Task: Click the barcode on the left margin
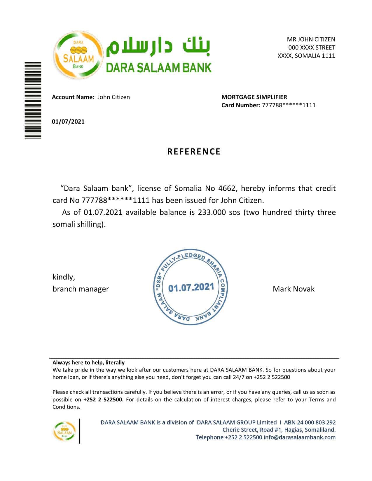coord(33,100)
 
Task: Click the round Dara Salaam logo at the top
coord(78,55)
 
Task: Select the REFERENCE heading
coord(194,152)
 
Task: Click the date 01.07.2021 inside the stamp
coord(191,288)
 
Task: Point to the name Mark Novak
coord(294,289)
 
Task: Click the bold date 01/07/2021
coord(68,122)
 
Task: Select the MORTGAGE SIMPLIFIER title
coord(254,97)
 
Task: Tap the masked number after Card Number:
coord(289,105)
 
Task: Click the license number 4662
coord(227,188)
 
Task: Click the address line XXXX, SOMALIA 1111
coord(306,56)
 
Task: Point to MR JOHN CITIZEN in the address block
coord(311,39)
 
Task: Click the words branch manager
coord(81,289)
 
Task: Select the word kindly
coord(64,277)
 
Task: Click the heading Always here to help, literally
coord(88,363)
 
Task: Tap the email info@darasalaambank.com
coord(299,437)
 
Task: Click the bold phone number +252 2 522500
coord(104,400)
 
